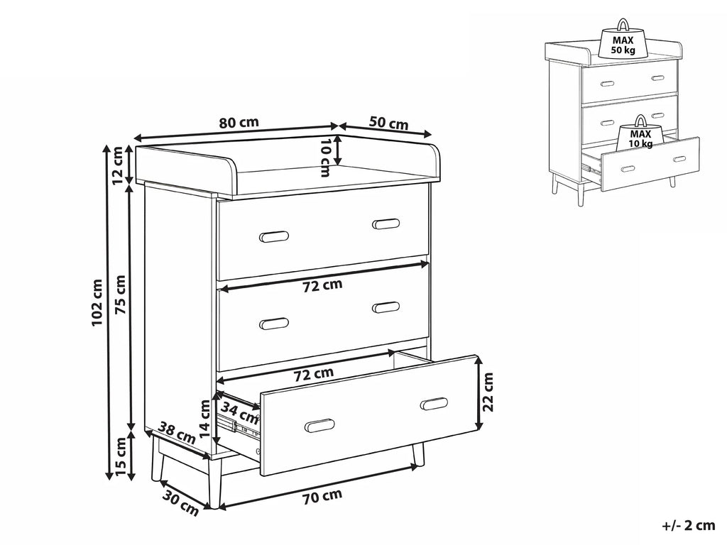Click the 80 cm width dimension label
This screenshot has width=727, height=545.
click(x=239, y=122)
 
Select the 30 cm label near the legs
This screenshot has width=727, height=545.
click(x=180, y=502)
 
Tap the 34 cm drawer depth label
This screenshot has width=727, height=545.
click(x=239, y=411)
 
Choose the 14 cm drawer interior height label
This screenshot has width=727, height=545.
click(x=205, y=418)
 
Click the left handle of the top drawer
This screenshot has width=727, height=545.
click(x=273, y=235)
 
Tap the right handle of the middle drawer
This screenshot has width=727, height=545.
click(x=386, y=307)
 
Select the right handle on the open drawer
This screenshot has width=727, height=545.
click(x=434, y=404)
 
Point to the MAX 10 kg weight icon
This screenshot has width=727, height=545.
click(x=641, y=135)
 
